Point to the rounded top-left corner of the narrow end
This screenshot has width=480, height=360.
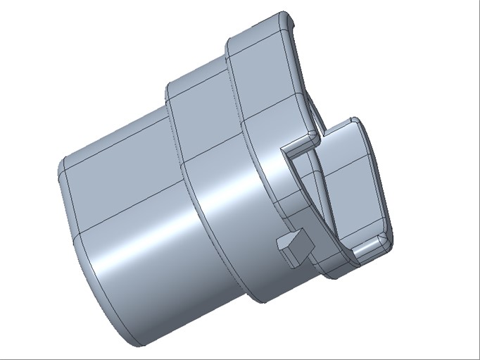[63, 166]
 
